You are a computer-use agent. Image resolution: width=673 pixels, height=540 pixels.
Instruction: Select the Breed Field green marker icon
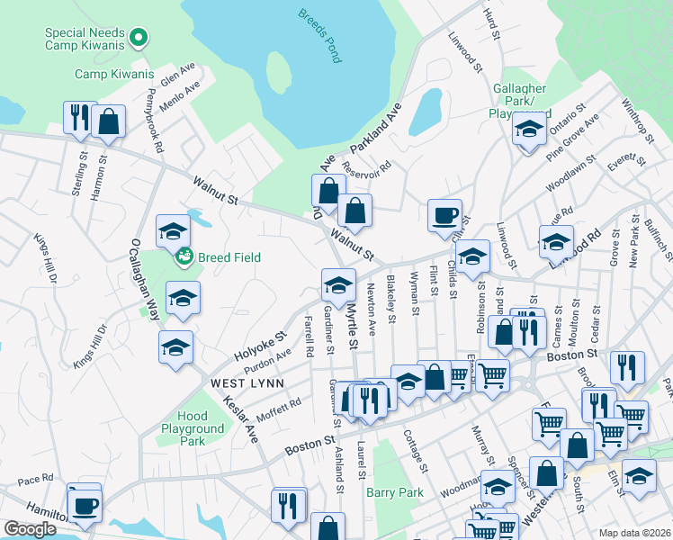pos(184,257)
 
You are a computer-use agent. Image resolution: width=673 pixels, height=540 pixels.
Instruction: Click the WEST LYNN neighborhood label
pos(247,383)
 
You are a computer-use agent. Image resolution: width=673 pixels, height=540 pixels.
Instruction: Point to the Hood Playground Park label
pos(192,429)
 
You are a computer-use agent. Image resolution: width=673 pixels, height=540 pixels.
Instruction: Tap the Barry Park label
pos(394,492)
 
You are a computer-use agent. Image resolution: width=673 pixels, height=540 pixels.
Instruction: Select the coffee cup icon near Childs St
pos(444,215)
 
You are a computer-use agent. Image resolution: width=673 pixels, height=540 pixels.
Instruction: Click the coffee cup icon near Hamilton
pos(85,504)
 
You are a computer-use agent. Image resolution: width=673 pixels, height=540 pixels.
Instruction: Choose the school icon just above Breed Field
pos(172,231)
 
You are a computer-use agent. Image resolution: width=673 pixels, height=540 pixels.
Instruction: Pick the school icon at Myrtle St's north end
pos(337,285)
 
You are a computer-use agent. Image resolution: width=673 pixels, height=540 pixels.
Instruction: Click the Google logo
pos(30,529)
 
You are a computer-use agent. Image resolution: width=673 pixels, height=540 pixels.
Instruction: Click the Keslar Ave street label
pos(239,420)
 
